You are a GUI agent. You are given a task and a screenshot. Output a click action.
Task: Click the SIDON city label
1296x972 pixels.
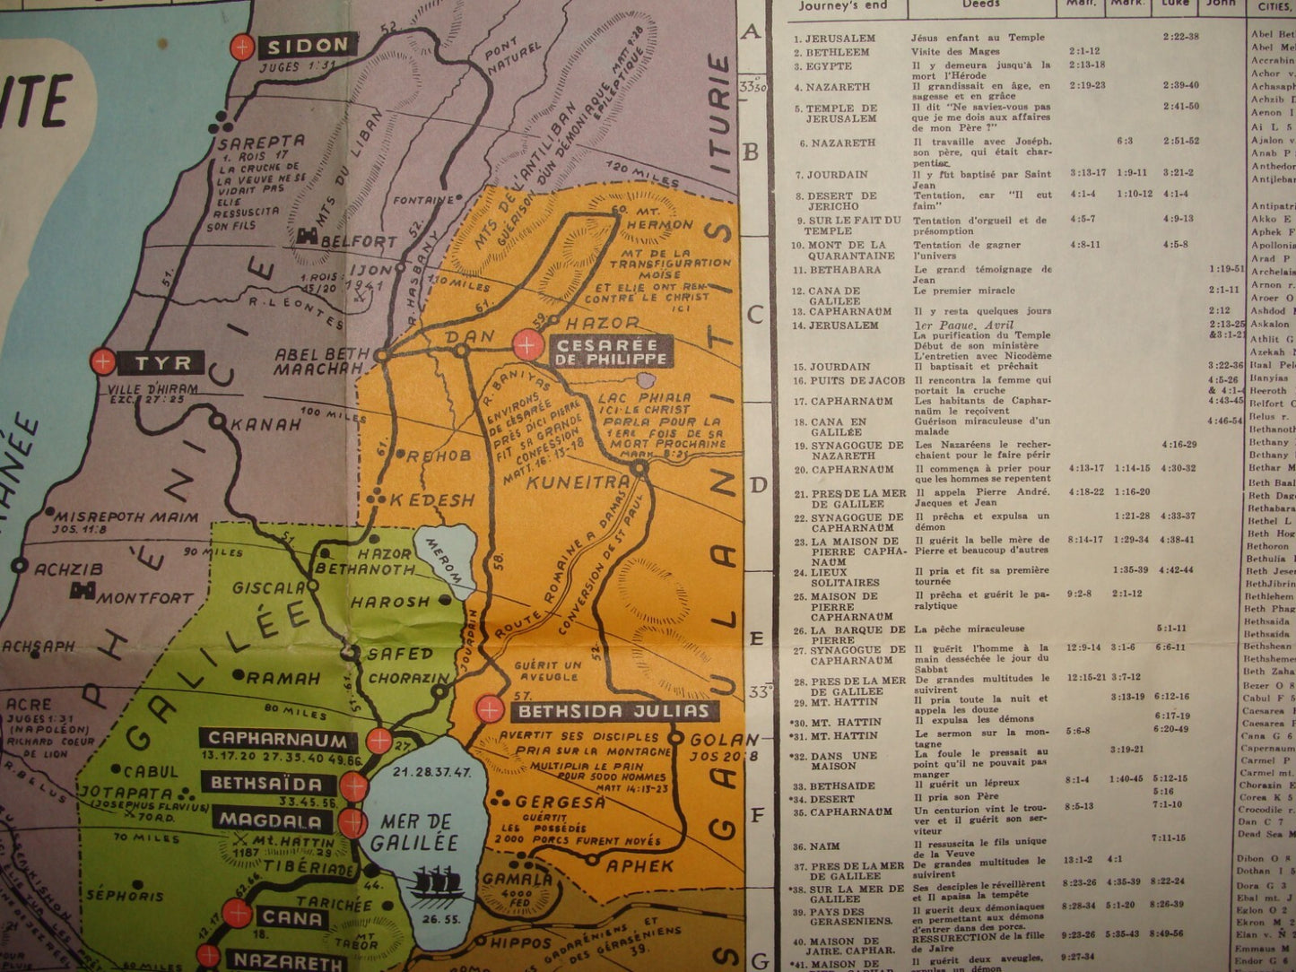308,45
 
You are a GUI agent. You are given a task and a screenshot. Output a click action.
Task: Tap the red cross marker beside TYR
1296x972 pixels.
104,362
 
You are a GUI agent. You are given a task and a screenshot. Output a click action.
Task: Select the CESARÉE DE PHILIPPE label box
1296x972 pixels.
612,351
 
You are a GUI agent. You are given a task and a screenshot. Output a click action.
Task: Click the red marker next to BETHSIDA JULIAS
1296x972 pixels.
490,709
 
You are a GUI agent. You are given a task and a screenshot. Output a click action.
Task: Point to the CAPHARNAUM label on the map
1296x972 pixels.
277,741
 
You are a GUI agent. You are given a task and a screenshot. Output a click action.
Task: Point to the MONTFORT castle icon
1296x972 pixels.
86,591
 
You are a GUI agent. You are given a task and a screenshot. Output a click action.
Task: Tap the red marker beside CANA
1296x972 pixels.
238,914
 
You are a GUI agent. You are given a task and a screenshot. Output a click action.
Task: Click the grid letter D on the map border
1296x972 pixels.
757,485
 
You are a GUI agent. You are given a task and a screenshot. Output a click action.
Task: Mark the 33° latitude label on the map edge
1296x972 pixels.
759,692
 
